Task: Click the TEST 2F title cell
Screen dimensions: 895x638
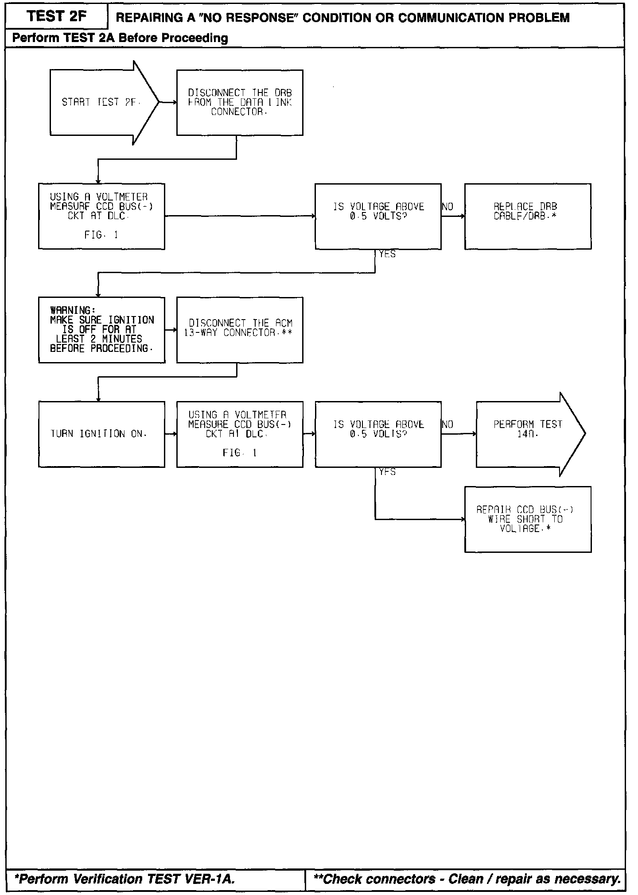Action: [56, 16]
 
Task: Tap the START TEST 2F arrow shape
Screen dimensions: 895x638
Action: [100, 102]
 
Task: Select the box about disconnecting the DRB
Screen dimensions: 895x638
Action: [240, 102]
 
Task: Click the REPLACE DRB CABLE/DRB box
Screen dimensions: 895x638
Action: [527, 216]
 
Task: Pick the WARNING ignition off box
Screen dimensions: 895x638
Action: [101, 330]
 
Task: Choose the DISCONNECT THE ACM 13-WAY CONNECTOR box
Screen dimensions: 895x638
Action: [240, 330]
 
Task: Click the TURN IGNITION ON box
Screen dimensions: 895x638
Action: [101, 434]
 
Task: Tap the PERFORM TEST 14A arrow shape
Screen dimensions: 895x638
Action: [527, 434]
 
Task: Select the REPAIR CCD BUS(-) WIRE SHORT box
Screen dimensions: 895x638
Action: [527, 519]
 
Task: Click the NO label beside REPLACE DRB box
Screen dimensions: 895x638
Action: [447, 207]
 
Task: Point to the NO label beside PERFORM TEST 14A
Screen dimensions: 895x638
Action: [447, 424]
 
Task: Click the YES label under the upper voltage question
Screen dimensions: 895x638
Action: [387, 255]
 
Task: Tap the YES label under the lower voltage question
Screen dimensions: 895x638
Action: [387, 472]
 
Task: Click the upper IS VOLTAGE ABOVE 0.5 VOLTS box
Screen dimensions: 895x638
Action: [378, 216]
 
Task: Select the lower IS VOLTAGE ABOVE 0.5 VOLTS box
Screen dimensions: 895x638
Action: [378, 434]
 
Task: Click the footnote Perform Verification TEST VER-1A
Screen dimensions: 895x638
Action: [125, 879]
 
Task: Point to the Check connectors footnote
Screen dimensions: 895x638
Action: [467, 879]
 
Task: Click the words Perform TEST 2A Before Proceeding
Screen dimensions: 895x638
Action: [120, 38]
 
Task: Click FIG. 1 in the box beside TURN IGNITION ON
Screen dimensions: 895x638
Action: [239, 453]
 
